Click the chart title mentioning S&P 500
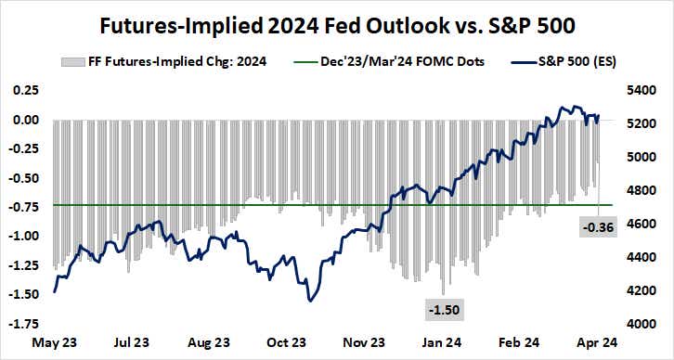(337, 22)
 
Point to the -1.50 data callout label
(441, 308)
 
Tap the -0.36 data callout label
(597, 225)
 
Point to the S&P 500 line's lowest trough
(310, 300)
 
